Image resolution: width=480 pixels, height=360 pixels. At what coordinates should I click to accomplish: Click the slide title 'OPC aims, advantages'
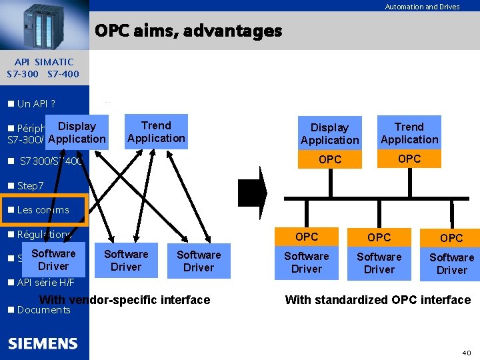(x=188, y=31)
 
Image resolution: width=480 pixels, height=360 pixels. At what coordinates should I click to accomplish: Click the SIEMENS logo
(x=43, y=343)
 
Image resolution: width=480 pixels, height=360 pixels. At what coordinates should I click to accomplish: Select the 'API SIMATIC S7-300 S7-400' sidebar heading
(x=43, y=67)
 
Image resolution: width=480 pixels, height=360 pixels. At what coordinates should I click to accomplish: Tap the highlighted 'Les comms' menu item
(x=43, y=209)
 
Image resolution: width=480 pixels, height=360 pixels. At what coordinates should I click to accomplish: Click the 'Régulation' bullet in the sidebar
(x=43, y=235)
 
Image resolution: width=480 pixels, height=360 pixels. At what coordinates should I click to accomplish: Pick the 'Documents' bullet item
(x=43, y=309)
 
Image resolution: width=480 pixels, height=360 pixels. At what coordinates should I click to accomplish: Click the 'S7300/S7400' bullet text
(x=51, y=161)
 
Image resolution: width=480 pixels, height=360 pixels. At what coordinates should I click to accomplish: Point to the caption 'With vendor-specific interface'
(x=125, y=300)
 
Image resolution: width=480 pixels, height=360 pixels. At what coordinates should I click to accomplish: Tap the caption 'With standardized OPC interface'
(x=377, y=300)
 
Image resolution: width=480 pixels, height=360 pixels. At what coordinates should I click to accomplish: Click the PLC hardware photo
(x=44, y=25)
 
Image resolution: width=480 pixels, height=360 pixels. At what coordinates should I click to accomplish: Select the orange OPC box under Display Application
(x=329, y=159)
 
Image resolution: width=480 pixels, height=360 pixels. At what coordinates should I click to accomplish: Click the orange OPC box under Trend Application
(x=409, y=159)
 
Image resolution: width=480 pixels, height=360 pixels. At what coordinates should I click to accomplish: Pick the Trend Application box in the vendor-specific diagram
(x=156, y=132)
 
